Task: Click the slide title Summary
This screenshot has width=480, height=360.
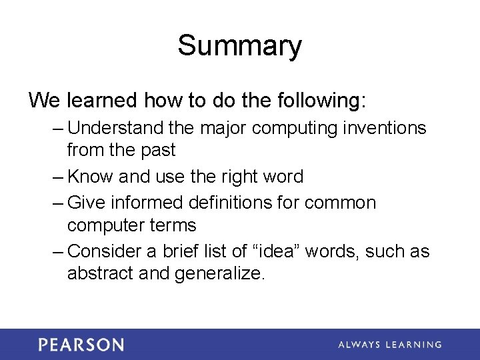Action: (239, 46)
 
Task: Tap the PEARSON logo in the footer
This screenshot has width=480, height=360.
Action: (81, 345)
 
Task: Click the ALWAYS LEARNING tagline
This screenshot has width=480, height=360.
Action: (389, 345)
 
